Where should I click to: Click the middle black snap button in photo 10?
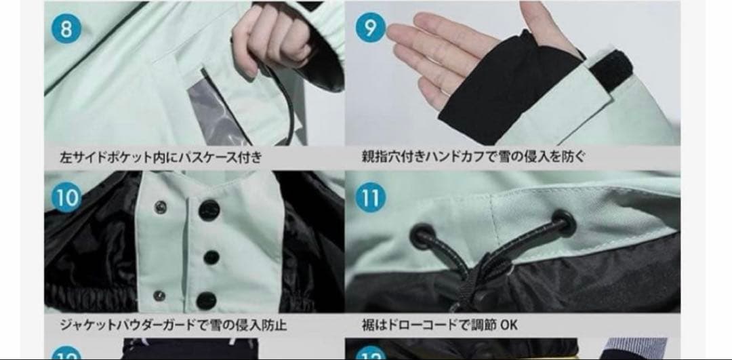click(x=211, y=256)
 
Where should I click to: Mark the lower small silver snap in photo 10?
click(x=159, y=295)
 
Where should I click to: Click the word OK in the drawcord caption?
click(x=509, y=325)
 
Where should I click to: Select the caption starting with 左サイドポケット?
click(x=161, y=157)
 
